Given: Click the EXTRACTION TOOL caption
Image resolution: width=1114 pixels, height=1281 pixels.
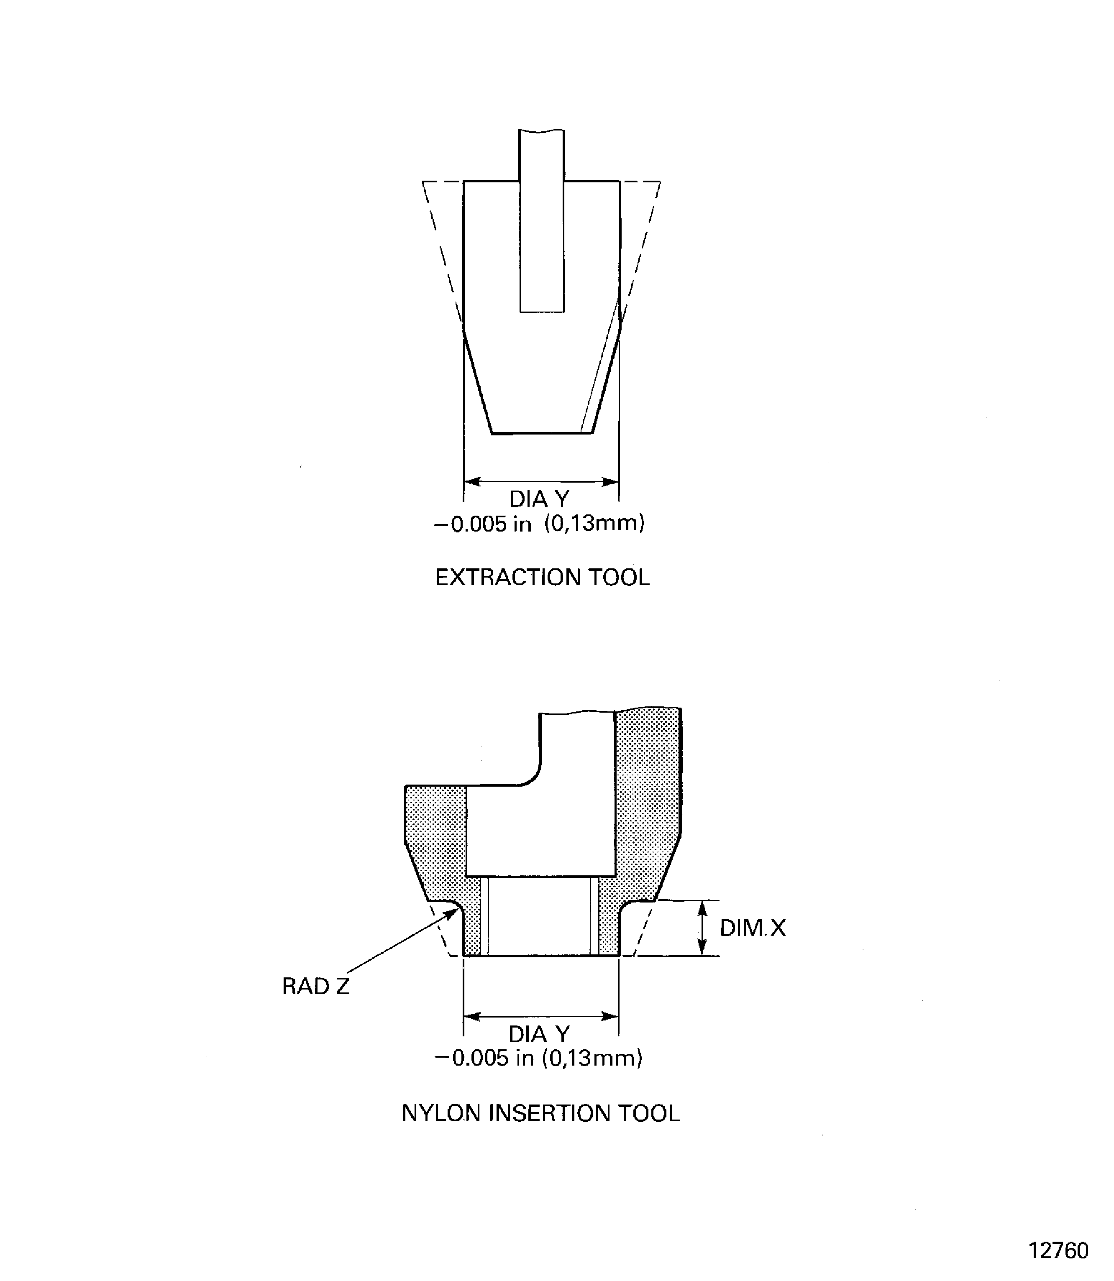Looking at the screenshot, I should [x=542, y=578].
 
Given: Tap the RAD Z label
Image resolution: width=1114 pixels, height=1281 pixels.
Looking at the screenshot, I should [x=316, y=987].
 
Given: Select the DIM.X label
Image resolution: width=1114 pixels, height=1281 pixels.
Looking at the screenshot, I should [x=752, y=928].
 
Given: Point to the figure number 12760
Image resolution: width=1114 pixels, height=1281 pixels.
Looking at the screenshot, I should [x=1058, y=1250].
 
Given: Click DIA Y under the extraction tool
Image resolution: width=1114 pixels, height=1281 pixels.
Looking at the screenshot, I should [x=539, y=499].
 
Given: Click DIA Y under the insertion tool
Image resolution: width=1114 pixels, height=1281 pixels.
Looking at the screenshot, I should [x=539, y=1034].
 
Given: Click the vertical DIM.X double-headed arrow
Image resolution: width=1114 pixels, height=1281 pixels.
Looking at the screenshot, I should [x=702, y=928].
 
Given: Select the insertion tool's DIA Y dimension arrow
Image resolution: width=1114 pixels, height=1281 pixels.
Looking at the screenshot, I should [x=541, y=1017].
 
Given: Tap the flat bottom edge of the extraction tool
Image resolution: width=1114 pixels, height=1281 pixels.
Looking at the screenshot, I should [x=541, y=433].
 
